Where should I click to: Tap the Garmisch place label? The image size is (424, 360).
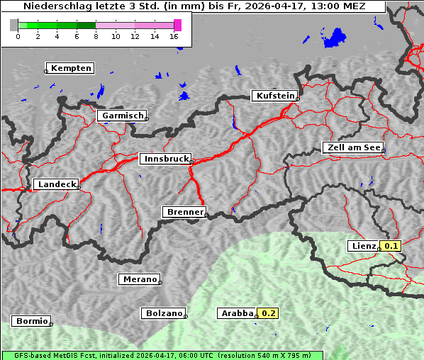(x=122, y=116)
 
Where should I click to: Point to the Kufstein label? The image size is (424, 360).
(x=274, y=96)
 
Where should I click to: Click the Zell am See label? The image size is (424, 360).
(x=353, y=147)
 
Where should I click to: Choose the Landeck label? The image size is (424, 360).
(x=56, y=184)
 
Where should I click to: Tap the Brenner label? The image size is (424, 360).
(x=184, y=212)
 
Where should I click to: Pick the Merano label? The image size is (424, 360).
(x=139, y=279)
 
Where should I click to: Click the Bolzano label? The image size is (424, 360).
(x=164, y=313)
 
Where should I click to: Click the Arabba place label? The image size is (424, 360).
(x=236, y=313)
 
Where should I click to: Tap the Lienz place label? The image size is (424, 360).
(x=363, y=246)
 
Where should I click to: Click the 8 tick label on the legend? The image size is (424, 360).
(x=96, y=36)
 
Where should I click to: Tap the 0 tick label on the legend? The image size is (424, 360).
(x=18, y=36)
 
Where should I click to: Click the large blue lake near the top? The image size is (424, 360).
(x=335, y=37)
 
